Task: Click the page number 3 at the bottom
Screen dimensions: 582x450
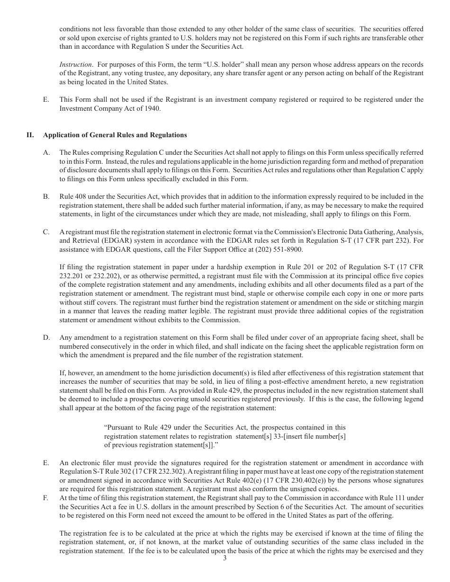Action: [x=225, y=558]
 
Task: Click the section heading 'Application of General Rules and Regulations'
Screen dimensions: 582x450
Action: [x=115, y=135]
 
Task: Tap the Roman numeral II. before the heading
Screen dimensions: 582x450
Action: [x=30, y=135]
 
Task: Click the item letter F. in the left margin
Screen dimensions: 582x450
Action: [x=46, y=498]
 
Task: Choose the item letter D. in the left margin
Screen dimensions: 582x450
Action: [x=46, y=338]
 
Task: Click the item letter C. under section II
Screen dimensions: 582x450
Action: [x=46, y=232]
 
